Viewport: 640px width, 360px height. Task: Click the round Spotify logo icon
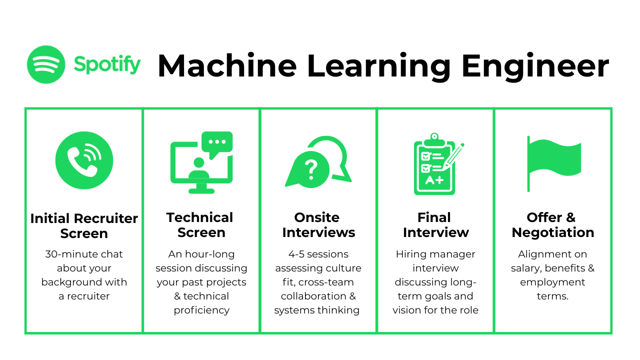(x=46, y=64)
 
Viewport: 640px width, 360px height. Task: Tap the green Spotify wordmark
(x=107, y=64)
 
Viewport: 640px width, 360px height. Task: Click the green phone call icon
(x=84, y=160)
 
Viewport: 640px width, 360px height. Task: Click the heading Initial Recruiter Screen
(x=84, y=226)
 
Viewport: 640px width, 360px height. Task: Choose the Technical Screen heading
(x=200, y=225)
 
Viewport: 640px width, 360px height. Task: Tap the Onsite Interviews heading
(x=318, y=225)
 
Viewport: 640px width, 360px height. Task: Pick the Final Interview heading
(x=435, y=225)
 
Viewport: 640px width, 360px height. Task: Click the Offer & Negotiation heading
(x=552, y=225)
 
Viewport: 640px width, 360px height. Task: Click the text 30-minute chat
(x=84, y=254)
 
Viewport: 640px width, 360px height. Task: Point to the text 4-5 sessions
(x=318, y=254)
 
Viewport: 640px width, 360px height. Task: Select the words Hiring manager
(x=435, y=254)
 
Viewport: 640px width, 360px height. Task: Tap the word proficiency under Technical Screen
(x=201, y=310)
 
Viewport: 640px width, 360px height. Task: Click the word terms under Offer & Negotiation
(x=552, y=296)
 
